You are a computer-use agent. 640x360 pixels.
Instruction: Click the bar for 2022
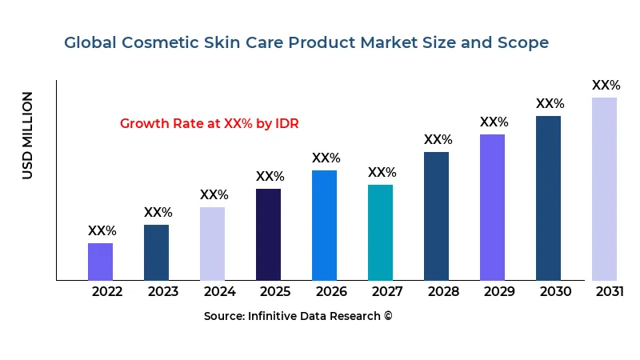click(x=100, y=262)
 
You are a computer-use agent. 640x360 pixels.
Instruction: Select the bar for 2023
click(x=156, y=252)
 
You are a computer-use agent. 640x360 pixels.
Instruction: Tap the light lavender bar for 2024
click(x=212, y=243)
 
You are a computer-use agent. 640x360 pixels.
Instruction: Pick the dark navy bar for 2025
click(x=268, y=234)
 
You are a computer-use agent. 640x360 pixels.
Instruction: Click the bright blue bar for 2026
click(x=324, y=225)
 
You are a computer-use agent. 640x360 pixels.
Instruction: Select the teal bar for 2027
click(x=380, y=232)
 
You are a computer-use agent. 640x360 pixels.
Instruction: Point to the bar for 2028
click(x=436, y=216)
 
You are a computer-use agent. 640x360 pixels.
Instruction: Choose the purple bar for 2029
click(x=492, y=207)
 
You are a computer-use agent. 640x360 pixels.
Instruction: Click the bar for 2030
click(x=548, y=198)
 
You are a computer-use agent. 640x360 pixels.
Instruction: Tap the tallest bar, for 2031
click(x=604, y=189)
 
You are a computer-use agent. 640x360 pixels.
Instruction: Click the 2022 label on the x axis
click(x=107, y=291)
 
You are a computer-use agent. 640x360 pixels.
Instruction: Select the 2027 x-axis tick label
click(x=387, y=291)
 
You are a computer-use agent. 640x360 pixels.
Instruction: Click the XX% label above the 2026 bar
click(x=326, y=158)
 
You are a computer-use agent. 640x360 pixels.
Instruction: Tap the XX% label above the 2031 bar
click(x=606, y=86)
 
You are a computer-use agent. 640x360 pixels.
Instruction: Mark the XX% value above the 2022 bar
click(x=102, y=231)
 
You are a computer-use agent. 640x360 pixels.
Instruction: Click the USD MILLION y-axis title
click(x=28, y=135)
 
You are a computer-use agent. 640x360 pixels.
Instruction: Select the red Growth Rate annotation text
click(x=209, y=124)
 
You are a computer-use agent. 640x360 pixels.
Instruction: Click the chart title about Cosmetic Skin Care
click(x=306, y=43)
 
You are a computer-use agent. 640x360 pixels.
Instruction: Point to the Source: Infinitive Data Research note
click(x=298, y=317)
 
